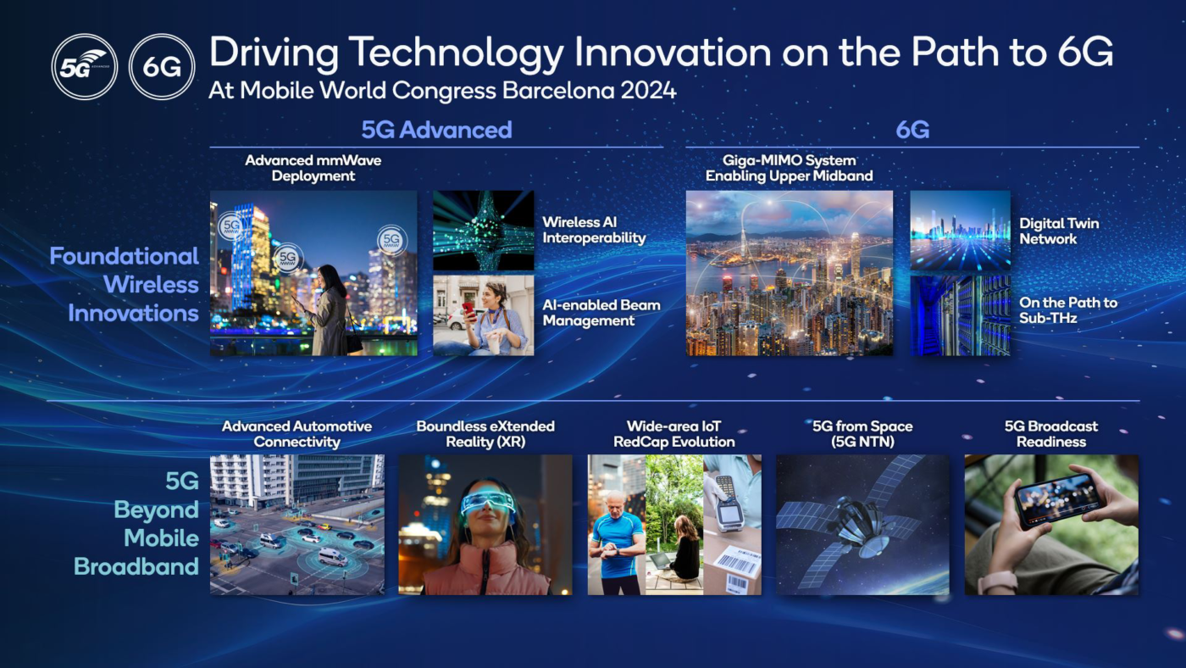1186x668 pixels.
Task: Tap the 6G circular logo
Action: [x=162, y=67]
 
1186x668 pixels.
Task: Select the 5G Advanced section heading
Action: [x=436, y=130]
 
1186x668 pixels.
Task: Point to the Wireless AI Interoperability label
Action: [x=594, y=231]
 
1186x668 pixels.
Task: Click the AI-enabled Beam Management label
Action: [x=601, y=313]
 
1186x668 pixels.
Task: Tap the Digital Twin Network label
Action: [x=1059, y=231]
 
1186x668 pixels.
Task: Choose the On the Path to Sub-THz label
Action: [x=1067, y=310]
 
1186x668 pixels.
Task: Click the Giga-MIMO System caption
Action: [x=789, y=168]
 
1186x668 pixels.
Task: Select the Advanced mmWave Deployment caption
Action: [x=313, y=168]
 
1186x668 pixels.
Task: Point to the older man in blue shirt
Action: [x=617, y=543]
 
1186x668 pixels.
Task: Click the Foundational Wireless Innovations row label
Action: [x=125, y=285]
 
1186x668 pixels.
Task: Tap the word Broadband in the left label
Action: [x=136, y=566]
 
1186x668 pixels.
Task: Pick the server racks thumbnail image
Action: [x=960, y=315]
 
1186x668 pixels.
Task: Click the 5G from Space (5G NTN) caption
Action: [x=862, y=434]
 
